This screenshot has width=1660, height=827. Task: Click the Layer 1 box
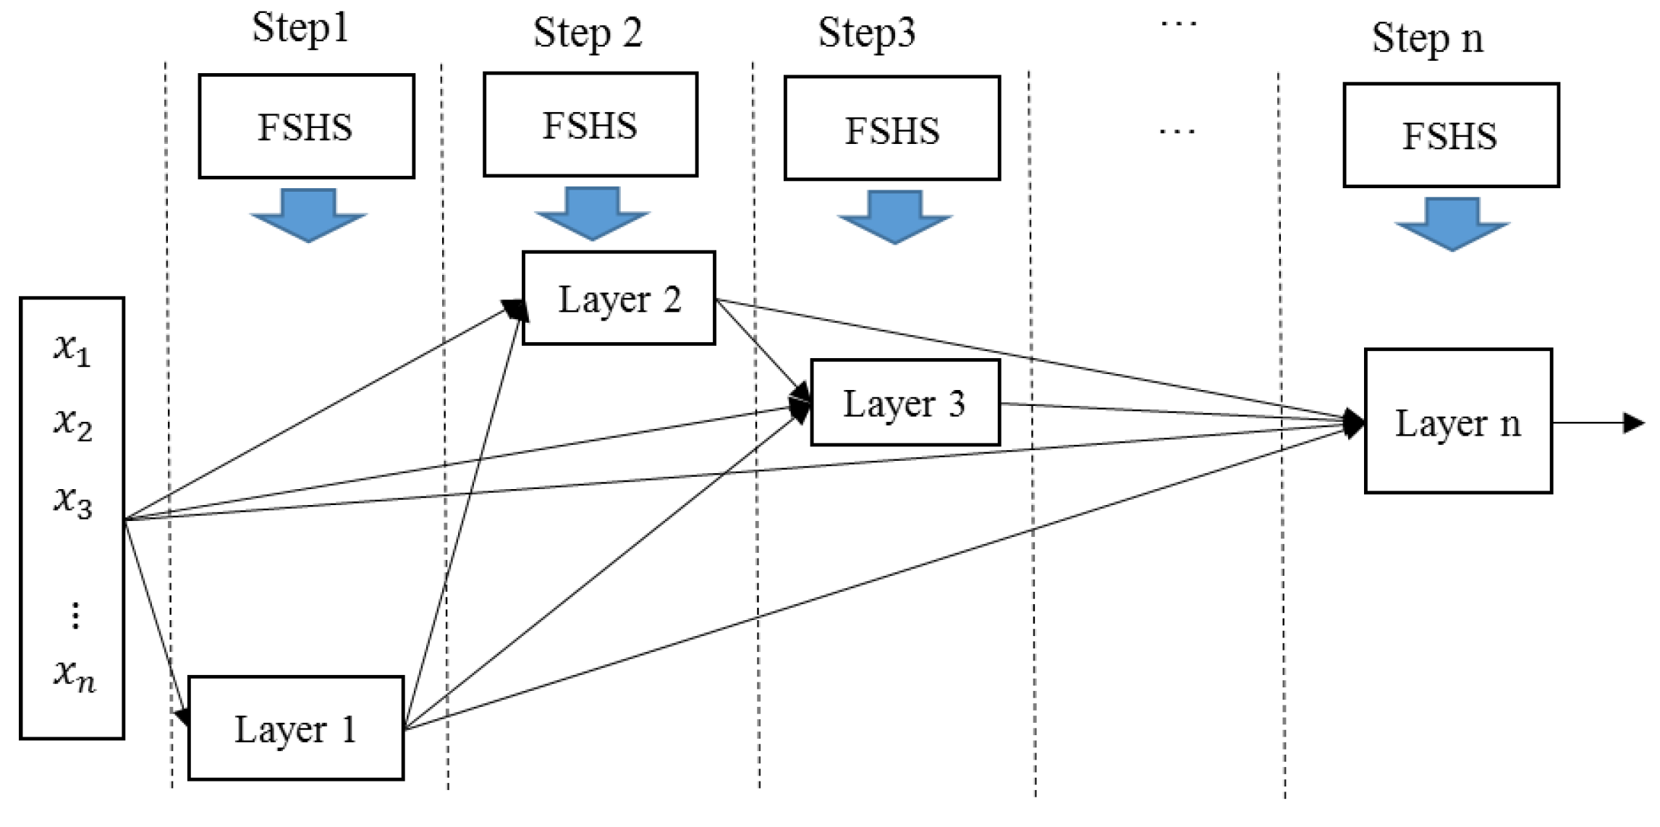coord(295,728)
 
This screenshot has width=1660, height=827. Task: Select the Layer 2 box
coord(619,298)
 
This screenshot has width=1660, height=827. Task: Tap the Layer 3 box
coord(905,402)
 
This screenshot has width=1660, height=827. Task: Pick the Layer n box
coord(1457,421)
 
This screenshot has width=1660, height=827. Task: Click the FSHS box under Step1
coord(306,127)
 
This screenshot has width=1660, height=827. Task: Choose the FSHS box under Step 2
coord(590,124)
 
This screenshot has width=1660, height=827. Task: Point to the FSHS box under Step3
coord(892,129)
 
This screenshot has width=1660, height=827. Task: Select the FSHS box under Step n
coord(1450,135)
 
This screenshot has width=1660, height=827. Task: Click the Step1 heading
coord(300,29)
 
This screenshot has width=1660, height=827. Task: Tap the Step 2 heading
coord(588,33)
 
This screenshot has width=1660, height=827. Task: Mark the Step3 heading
coord(866,33)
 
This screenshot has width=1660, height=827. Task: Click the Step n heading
coord(1427,38)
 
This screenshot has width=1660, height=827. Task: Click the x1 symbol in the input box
coord(72,349)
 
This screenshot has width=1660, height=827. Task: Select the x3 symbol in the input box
coord(72,501)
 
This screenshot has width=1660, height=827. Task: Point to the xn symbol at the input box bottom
coord(74,674)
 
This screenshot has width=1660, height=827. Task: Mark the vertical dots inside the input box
coord(75,615)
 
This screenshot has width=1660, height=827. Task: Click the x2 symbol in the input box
coord(72,423)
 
